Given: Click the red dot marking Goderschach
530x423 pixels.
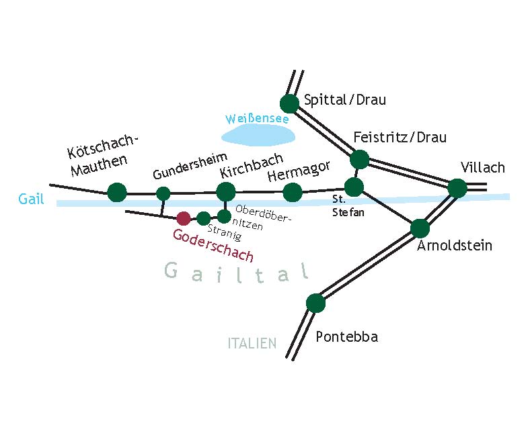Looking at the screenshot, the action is pos(184,218).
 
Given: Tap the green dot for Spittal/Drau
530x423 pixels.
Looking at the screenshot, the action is pos(290,104).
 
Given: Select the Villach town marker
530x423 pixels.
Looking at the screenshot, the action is pos(457,188).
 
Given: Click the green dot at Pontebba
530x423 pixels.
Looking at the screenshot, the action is pos(315,303).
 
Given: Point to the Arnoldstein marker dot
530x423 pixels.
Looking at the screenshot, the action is pos(420,228).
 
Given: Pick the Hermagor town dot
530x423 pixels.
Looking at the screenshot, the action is pos(292,193).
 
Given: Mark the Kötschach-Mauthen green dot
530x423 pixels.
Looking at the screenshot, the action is pos(117,193).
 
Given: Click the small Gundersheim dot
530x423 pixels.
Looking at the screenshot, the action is pos(163,194).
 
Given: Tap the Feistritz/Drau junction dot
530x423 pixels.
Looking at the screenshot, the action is pos(359,159).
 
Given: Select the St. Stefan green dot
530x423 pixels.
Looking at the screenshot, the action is pos(354,187).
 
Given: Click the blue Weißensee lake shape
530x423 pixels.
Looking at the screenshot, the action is pos(258,136).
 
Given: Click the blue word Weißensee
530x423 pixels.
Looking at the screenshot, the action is pos(257,119).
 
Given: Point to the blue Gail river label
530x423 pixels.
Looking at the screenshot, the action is pos(31,199).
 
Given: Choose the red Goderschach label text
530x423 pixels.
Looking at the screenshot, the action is pos(213,245).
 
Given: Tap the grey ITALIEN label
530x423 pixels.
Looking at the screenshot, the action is pos(252,343).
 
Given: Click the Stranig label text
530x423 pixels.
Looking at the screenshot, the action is pos(225,232).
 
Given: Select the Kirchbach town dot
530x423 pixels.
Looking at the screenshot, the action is pos(225,192).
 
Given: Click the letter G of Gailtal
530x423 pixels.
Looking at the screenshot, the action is pos(171,270).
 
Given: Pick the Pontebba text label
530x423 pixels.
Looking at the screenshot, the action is pos(347,336).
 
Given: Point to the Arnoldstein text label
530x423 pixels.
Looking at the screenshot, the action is pos(455,245).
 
